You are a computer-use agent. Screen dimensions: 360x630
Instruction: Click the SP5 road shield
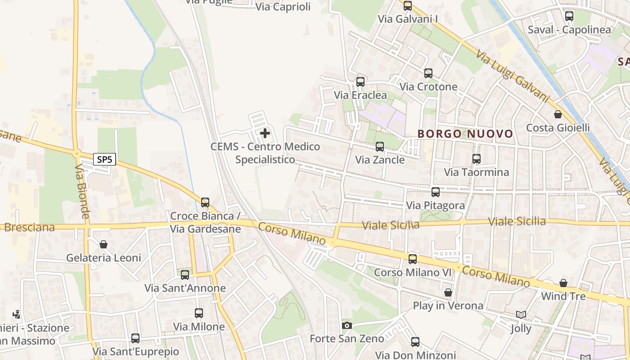tap(105, 159)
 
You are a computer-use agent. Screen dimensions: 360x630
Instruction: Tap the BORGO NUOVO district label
tap(465, 134)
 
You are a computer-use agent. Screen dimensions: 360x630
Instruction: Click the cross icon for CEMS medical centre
tap(265, 133)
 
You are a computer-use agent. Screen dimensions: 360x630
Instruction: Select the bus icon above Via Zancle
tap(380, 146)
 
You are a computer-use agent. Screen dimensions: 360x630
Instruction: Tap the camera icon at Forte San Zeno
tap(346, 325)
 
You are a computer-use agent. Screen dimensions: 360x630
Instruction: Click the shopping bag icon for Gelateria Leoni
tap(103, 244)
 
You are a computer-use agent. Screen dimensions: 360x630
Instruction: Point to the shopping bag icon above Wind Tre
tap(563, 283)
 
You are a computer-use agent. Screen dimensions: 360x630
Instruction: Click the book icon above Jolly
tap(521, 315)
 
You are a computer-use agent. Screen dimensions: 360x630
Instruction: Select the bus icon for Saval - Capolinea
tap(569, 16)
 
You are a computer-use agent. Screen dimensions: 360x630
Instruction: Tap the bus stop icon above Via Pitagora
tap(436, 192)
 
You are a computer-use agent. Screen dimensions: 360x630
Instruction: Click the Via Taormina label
tap(477, 172)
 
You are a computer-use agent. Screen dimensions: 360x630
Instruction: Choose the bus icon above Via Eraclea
tap(360, 82)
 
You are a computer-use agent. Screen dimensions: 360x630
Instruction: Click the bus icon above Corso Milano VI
tap(413, 259)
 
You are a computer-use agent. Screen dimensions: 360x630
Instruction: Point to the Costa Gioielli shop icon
tap(558, 114)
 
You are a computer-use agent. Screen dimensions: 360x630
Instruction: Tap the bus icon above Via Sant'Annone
tap(185, 274)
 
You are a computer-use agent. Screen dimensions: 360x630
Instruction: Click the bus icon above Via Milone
tap(199, 313)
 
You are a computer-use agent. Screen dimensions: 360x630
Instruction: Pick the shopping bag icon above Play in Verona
tap(448, 292)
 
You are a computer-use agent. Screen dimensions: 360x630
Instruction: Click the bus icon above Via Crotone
tap(428, 73)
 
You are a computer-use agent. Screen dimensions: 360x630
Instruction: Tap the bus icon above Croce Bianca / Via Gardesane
tap(205, 202)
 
